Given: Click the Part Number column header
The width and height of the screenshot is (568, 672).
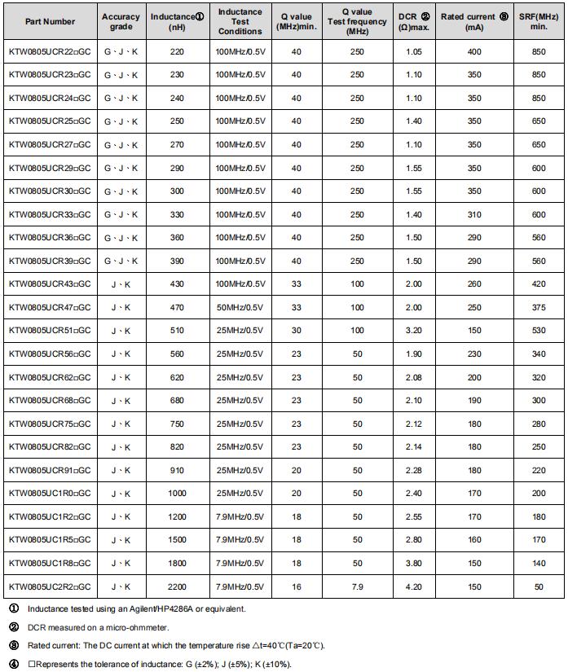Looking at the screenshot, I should (x=50, y=22).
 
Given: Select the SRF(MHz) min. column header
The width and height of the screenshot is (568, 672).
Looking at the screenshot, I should (x=539, y=22).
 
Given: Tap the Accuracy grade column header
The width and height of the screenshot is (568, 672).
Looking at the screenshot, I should (x=121, y=22).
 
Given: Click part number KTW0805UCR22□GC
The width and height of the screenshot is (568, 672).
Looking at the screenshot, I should (x=50, y=52).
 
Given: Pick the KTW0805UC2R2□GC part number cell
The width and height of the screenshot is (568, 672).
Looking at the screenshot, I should (x=50, y=586).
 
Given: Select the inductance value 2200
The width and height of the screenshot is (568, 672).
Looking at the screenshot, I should (x=177, y=586).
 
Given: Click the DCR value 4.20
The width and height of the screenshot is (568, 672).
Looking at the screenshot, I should (x=414, y=586).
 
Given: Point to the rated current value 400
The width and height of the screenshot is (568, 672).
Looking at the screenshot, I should (x=474, y=52).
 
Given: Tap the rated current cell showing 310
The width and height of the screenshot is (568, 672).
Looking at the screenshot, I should (x=474, y=215).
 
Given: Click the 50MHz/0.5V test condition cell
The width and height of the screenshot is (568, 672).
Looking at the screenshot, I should (x=240, y=308).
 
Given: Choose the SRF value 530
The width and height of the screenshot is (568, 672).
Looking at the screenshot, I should (x=539, y=331).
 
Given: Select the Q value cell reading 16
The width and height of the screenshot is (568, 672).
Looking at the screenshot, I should (x=296, y=586).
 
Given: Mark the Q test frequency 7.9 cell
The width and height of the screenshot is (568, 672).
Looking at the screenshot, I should (x=357, y=586).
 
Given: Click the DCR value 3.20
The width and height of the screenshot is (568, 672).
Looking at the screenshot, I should (x=414, y=331).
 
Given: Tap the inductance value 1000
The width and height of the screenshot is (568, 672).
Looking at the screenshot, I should (x=177, y=494).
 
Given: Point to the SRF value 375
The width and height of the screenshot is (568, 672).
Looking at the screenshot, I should (x=539, y=308).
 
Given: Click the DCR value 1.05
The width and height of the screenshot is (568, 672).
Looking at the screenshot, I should (x=414, y=52).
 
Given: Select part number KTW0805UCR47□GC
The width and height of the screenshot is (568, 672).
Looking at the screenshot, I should (x=50, y=308).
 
